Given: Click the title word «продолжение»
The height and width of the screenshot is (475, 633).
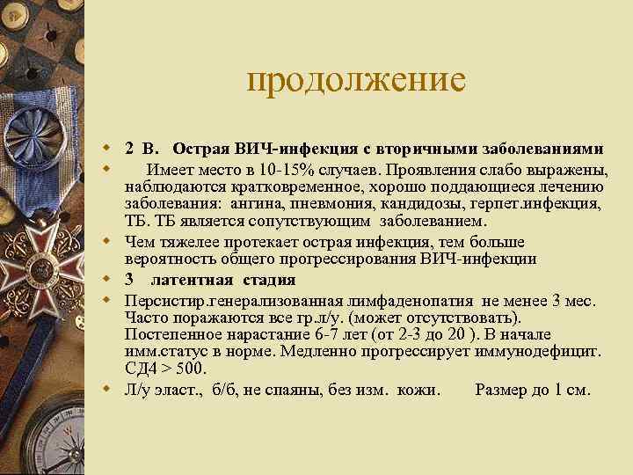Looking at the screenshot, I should point(355,80).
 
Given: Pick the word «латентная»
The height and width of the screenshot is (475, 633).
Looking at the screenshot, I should point(191,280).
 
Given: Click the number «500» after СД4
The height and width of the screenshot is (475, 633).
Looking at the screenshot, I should point(187,368).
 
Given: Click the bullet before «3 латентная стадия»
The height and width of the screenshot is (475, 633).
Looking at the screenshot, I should point(105,280).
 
